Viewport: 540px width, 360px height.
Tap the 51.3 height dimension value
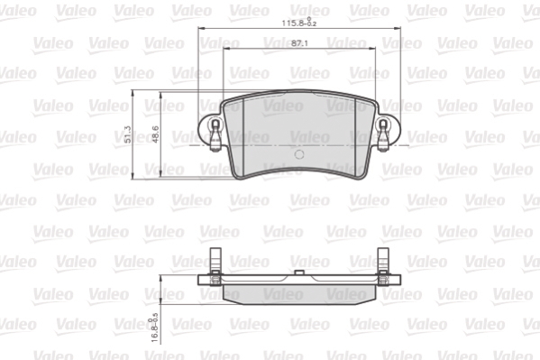[x=129, y=134]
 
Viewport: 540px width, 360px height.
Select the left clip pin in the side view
[x=215, y=267]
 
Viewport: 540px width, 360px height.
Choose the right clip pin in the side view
[x=382, y=267]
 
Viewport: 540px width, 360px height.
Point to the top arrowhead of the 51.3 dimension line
[x=133, y=94]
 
